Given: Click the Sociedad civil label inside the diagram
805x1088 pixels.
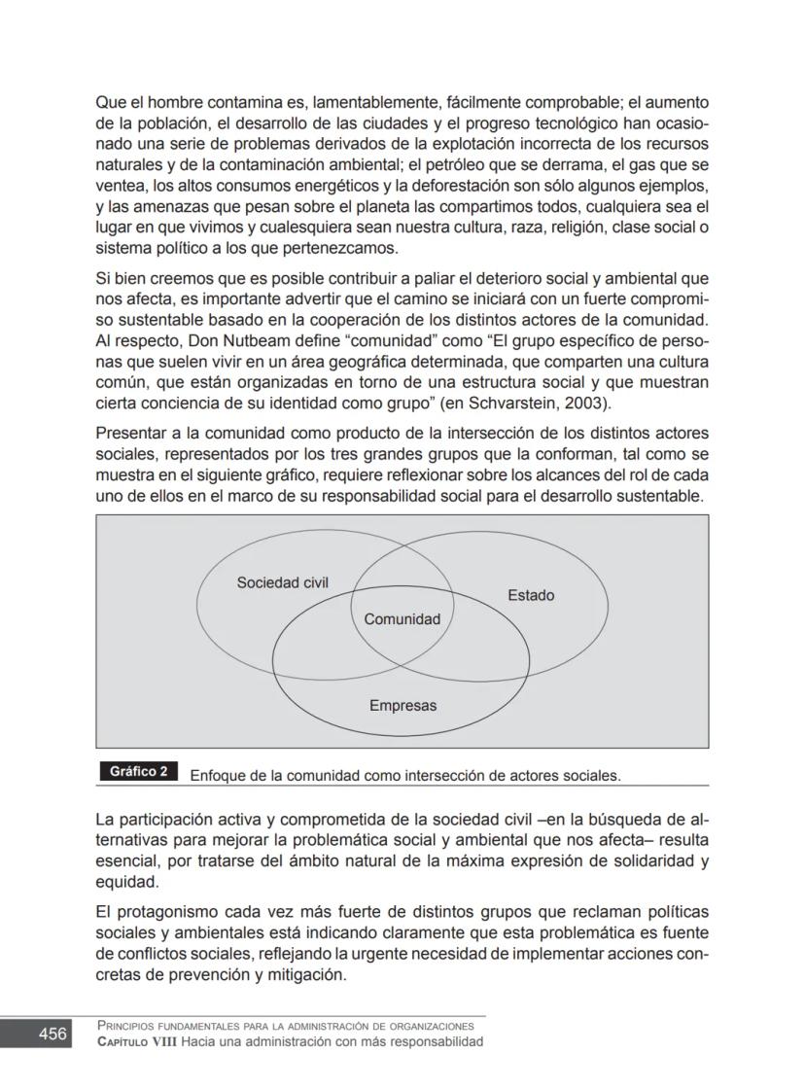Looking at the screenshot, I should click(283, 583).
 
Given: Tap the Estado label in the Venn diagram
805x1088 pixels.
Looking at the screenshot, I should click(531, 595).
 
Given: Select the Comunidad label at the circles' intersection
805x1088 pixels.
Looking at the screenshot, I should click(402, 619).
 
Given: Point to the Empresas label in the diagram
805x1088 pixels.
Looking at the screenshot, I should click(402, 706).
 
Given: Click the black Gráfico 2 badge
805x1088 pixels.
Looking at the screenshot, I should click(138, 772).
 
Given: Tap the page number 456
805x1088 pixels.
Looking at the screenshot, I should click(52, 1034).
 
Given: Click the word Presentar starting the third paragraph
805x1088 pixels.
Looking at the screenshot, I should click(131, 434).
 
